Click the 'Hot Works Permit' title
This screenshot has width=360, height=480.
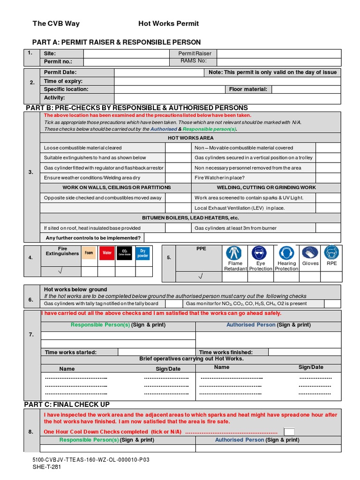tap(168, 23)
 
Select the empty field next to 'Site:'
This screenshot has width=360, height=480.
tap(124, 53)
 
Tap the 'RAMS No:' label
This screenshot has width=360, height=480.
tap(193, 61)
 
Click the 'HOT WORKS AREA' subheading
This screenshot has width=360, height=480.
tap(190, 138)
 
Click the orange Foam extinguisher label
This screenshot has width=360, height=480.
tap(89, 253)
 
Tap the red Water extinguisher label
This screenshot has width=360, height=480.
tap(106, 253)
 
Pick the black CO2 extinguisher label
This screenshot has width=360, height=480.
tap(124, 253)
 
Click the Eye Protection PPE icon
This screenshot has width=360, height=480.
tap(260, 253)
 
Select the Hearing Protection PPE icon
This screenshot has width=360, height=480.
tap(286, 253)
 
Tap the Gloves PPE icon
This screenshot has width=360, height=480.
tap(310, 253)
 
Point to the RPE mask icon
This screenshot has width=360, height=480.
tap(331, 253)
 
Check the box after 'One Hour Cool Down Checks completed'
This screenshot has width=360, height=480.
tap(290, 432)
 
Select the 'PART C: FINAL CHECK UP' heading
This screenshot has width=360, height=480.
tap(67, 404)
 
